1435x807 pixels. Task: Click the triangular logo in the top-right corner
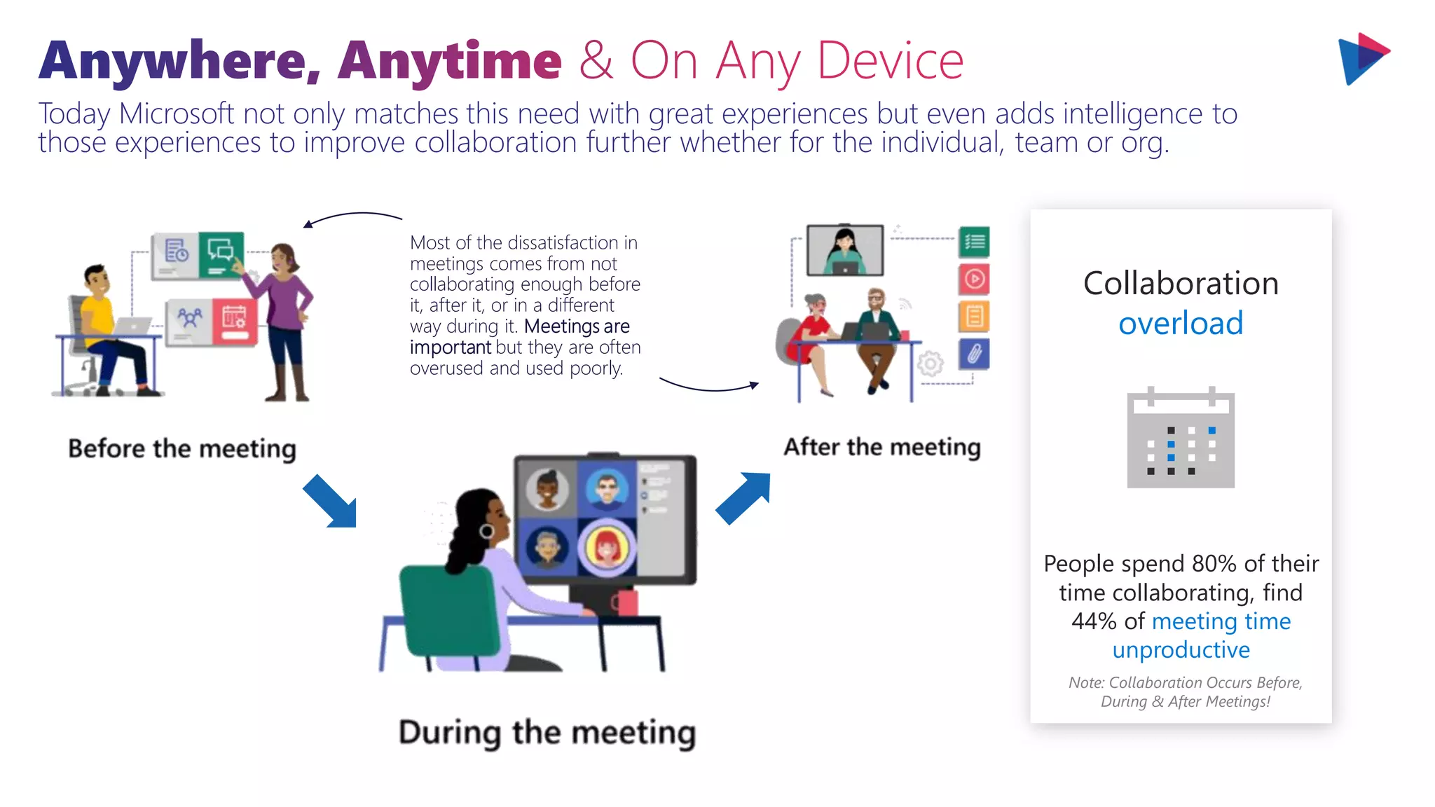pos(1362,59)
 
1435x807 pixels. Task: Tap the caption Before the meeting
pos(182,448)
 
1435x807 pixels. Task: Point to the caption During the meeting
pos(547,733)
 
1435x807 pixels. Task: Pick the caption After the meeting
pos(881,447)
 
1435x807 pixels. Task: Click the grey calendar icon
pos(1181,439)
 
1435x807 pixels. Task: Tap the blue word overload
pos(1181,324)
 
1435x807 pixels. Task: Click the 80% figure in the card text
pos(1214,564)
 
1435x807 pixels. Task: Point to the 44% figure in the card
pos(1093,621)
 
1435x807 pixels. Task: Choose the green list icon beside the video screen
pos(974,242)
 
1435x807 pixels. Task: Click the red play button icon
pos(974,280)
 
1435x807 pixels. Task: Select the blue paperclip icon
pos(974,354)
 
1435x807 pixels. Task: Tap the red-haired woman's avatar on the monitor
pos(607,547)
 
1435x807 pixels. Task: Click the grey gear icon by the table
pos(931,364)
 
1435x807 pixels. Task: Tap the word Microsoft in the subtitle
pos(176,114)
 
